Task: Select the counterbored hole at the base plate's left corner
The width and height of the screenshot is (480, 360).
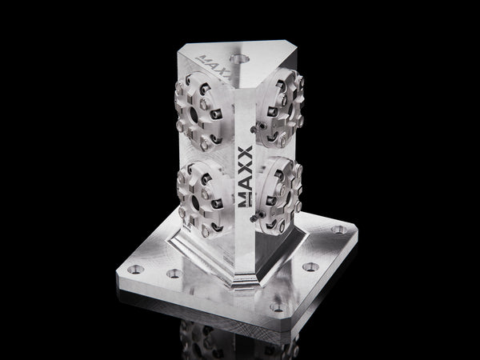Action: point(138,270)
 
